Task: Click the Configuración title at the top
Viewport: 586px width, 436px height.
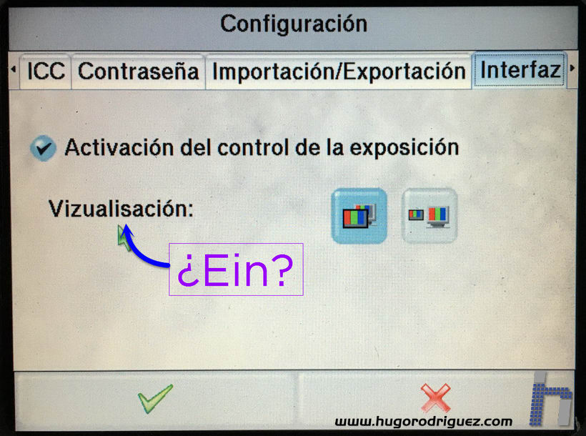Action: pyautogui.click(x=294, y=24)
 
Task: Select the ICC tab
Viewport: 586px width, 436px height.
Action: pyautogui.click(x=46, y=71)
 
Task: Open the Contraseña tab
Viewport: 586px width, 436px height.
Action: pyautogui.click(x=138, y=71)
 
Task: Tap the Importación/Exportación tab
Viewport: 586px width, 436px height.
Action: pyautogui.click(x=339, y=71)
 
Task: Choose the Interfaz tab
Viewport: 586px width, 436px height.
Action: pyautogui.click(x=520, y=70)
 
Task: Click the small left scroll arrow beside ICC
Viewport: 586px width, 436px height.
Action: pyautogui.click(x=14, y=69)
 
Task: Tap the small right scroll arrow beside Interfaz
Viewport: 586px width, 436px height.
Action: pyautogui.click(x=572, y=69)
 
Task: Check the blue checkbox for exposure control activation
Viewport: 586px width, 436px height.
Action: pyautogui.click(x=44, y=148)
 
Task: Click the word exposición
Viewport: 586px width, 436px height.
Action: pyautogui.click(x=404, y=148)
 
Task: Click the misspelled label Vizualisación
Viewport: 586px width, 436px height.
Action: pyautogui.click(x=121, y=208)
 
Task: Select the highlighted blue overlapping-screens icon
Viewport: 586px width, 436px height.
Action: pyautogui.click(x=359, y=216)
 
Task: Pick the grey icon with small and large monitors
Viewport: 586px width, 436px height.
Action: pyautogui.click(x=429, y=216)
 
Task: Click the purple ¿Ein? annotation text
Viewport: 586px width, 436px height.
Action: pyautogui.click(x=235, y=270)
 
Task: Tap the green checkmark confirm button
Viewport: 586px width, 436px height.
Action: pyautogui.click(x=156, y=399)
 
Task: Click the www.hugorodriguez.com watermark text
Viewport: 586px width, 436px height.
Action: pyautogui.click(x=424, y=422)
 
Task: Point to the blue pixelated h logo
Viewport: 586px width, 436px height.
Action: pyautogui.click(x=551, y=399)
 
